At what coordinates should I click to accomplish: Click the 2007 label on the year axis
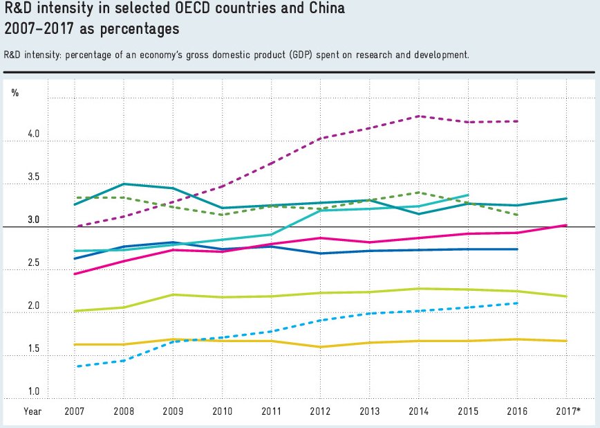tap(75, 411)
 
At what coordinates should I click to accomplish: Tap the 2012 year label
tap(320, 411)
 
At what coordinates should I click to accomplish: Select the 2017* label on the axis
tap(567, 411)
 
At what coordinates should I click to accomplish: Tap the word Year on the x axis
tap(32, 411)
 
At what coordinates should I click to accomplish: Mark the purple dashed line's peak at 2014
tap(419, 116)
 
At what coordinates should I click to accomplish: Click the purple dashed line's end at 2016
tap(517, 121)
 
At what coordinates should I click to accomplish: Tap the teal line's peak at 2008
tap(124, 184)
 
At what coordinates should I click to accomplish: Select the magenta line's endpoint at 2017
tap(566, 225)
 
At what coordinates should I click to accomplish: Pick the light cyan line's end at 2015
tap(468, 195)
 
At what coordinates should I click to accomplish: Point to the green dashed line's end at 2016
tap(517, 215)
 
